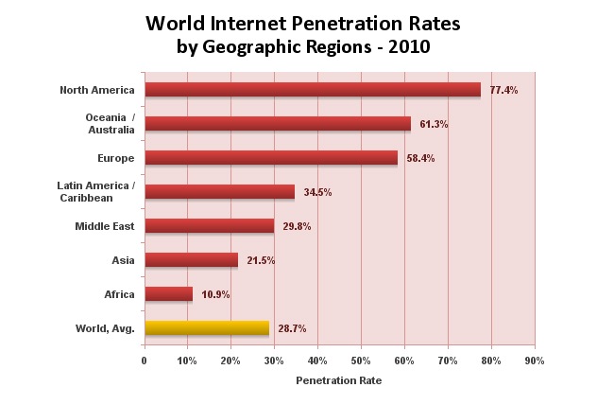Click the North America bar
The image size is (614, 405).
pyautogui.click(x=312, y=90)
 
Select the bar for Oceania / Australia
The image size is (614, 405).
pyautogui.click(x=278, y=124)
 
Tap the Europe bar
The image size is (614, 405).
pyautogui.click(x=271, y=158)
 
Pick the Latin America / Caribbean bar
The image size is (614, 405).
pyautogui.click(x=219, y=192)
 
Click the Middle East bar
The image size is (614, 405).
pyautogui.click(x=209, y=226)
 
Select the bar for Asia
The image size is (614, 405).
pyautogui.click(x=191, y=260)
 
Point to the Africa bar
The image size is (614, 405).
pyautogui.click(x=168, y=294)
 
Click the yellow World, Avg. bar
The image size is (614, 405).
pyautogui.click(x=206, y=328)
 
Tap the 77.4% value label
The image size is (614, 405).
pyautogui.click(x=503, y=90)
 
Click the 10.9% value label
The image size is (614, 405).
pyautogui.click(x=215, y=294)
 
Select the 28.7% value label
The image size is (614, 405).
pyautogui.click(x=291, y=328)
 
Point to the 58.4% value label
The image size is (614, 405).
pyautogui.click(x=420, y=158)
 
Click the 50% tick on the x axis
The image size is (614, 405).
pyautogui.click(x=361, y=361)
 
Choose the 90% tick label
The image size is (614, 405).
pyautogui.click(x=535, y=361)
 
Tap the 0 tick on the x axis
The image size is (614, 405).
pyautogui.click(x=144, y=361)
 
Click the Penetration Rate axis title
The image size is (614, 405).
pyautogui.click(x=339, y=380)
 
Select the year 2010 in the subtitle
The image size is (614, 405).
pyautogui.click(x=410, y=46)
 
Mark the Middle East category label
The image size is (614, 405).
pyautogui.click(x=105, y=226)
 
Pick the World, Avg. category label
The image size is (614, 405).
pyautogui.click(x=105, y=328)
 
